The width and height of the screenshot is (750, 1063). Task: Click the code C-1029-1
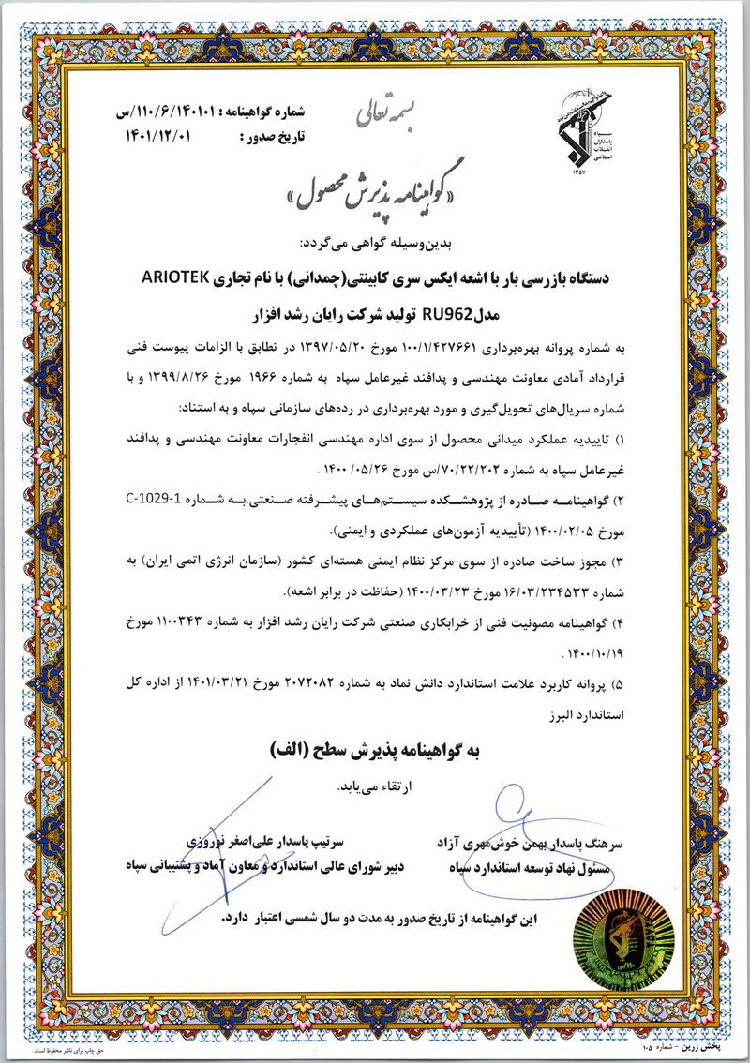coord(156,497)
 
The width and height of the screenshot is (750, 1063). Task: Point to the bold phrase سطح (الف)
coord(299,750)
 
